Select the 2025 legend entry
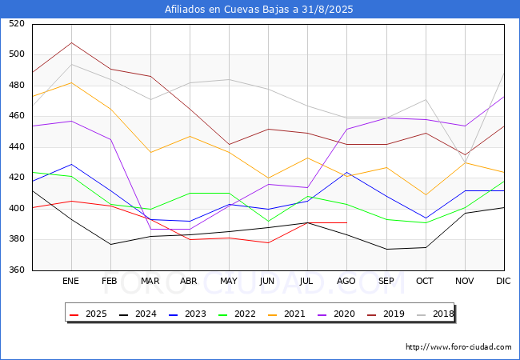[88, 314]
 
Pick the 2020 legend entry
[336, 314]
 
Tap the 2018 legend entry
[435, 314]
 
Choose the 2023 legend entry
[187, 314]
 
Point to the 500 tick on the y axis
[17, 54]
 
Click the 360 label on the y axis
[17, 270]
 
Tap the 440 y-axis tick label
[17, 146]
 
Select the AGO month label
[346, 281]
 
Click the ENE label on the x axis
[70, 281]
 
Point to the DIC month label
[503, 281]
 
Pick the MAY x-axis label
[229, 281]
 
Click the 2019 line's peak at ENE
[72, 42]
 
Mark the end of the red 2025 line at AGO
[347, 222]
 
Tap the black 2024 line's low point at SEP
[386, 250]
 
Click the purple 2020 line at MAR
[151, 229]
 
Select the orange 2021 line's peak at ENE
[72, 82]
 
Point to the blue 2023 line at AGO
[347, 172]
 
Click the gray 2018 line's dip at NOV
[466, 162]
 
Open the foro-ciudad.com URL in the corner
[458, 347]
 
